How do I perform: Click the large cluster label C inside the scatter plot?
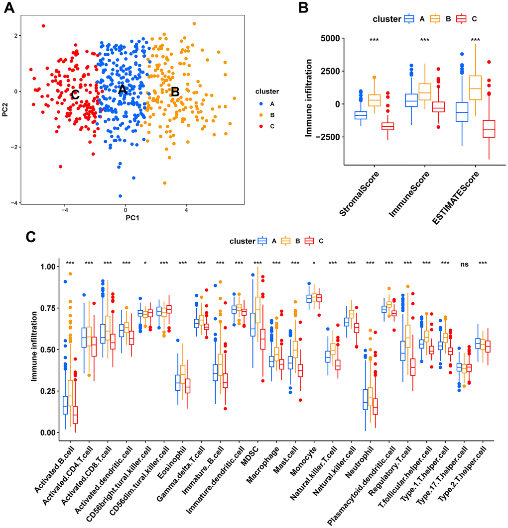click(75, 94)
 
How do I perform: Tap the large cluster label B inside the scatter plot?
click(175, 91)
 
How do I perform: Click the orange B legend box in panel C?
click(287, 241)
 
